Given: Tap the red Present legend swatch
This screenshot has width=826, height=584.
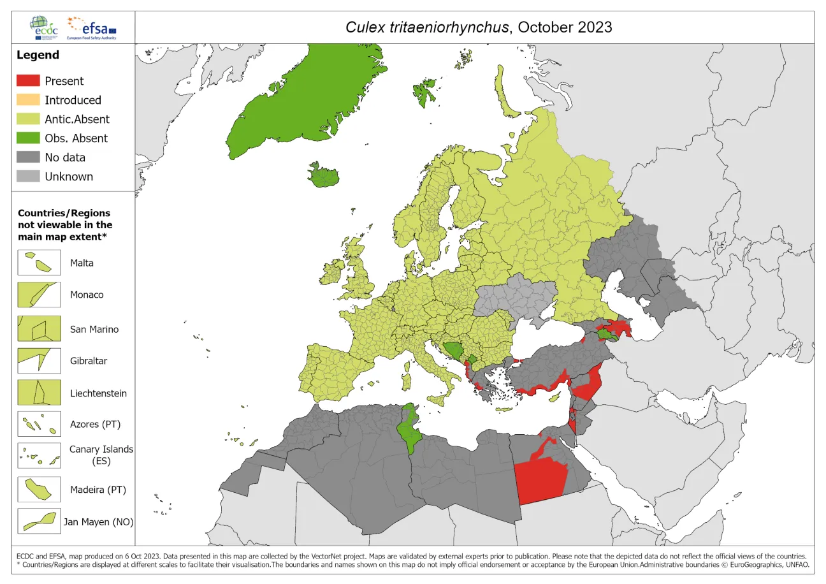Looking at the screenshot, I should click(x=28, y=81).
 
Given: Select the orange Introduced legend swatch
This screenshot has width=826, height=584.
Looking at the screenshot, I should click(x=28, y=100).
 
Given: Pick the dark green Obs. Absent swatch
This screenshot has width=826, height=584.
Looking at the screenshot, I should click(x=28, y=138).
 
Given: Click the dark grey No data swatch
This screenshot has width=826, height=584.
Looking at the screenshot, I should click(x=28, y=157).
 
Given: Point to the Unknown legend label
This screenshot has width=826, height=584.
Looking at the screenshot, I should click(x=69, y=177).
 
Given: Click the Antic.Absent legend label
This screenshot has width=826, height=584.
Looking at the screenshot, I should click(x=77, y=119).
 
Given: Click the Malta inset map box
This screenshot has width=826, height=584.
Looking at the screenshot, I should click(x=39, y=263).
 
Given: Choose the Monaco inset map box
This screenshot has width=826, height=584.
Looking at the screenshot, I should click(x=39, y=295).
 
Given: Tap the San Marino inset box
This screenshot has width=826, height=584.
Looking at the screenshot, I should click(x=39, y=329).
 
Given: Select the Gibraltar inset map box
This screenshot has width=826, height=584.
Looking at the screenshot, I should click(x=39, y=361).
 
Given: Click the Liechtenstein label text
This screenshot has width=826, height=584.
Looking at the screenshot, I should click(x=98, y=393).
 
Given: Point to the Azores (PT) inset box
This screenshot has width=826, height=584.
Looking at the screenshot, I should click(x=39, y=424).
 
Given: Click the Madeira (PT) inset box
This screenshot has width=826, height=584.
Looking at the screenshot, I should click(x=39, y=490).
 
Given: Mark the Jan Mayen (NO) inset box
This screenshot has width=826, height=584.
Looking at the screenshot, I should click(x=39, y=521).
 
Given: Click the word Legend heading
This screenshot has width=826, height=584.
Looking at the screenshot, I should click(x=38, y=55).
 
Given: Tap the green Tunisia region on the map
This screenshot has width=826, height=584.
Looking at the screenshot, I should click(x=405, y=430).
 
